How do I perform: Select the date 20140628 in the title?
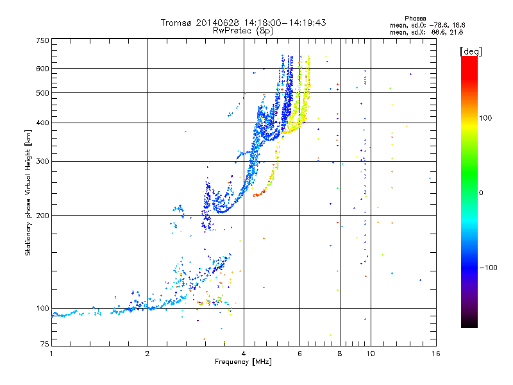tap(217, 22)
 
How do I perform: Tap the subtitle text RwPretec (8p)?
tap(243, 31)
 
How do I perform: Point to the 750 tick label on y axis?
tap(42, 40)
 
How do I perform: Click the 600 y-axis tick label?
tap(42, 69)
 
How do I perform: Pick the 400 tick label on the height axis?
tap(42, 123)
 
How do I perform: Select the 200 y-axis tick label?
tap(42, 216)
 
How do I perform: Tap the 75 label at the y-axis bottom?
tap(45, 344)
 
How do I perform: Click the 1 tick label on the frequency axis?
tap(51, 354)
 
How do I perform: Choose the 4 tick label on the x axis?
tap(244, 354)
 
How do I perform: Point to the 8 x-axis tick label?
tap(340, 354)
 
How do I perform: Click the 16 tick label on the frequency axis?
tap(436, 354)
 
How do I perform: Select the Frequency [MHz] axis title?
tap(243, 362)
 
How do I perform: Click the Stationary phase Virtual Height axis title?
tap(28, 193)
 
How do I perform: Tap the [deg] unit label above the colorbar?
tap(471, 51)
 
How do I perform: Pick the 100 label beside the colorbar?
tap(485, 118)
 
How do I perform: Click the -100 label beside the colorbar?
tap(488, 268)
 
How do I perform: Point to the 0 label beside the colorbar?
tap(481, 193)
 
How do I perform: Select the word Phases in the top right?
tap(415, 19)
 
